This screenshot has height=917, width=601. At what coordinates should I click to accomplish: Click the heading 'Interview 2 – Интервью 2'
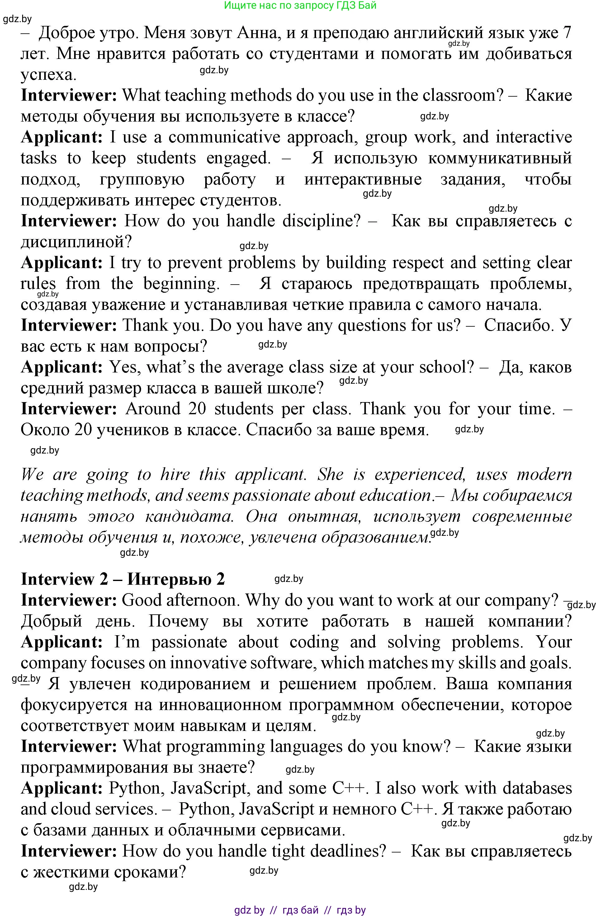(122, 579)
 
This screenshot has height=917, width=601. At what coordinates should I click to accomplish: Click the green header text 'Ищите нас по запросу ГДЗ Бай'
(300, 5)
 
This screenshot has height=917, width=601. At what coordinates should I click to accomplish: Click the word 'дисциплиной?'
(76, 242)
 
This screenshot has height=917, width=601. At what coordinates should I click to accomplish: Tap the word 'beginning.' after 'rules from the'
(181, 284)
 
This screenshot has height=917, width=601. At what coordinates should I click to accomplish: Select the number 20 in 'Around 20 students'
(197, 409)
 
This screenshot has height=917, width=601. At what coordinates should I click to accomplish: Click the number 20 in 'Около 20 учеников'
(83, 430)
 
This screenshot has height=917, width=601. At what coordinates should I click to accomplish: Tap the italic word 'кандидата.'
(189, 516)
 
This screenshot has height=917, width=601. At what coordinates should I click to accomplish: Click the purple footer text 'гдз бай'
(300, 910)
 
